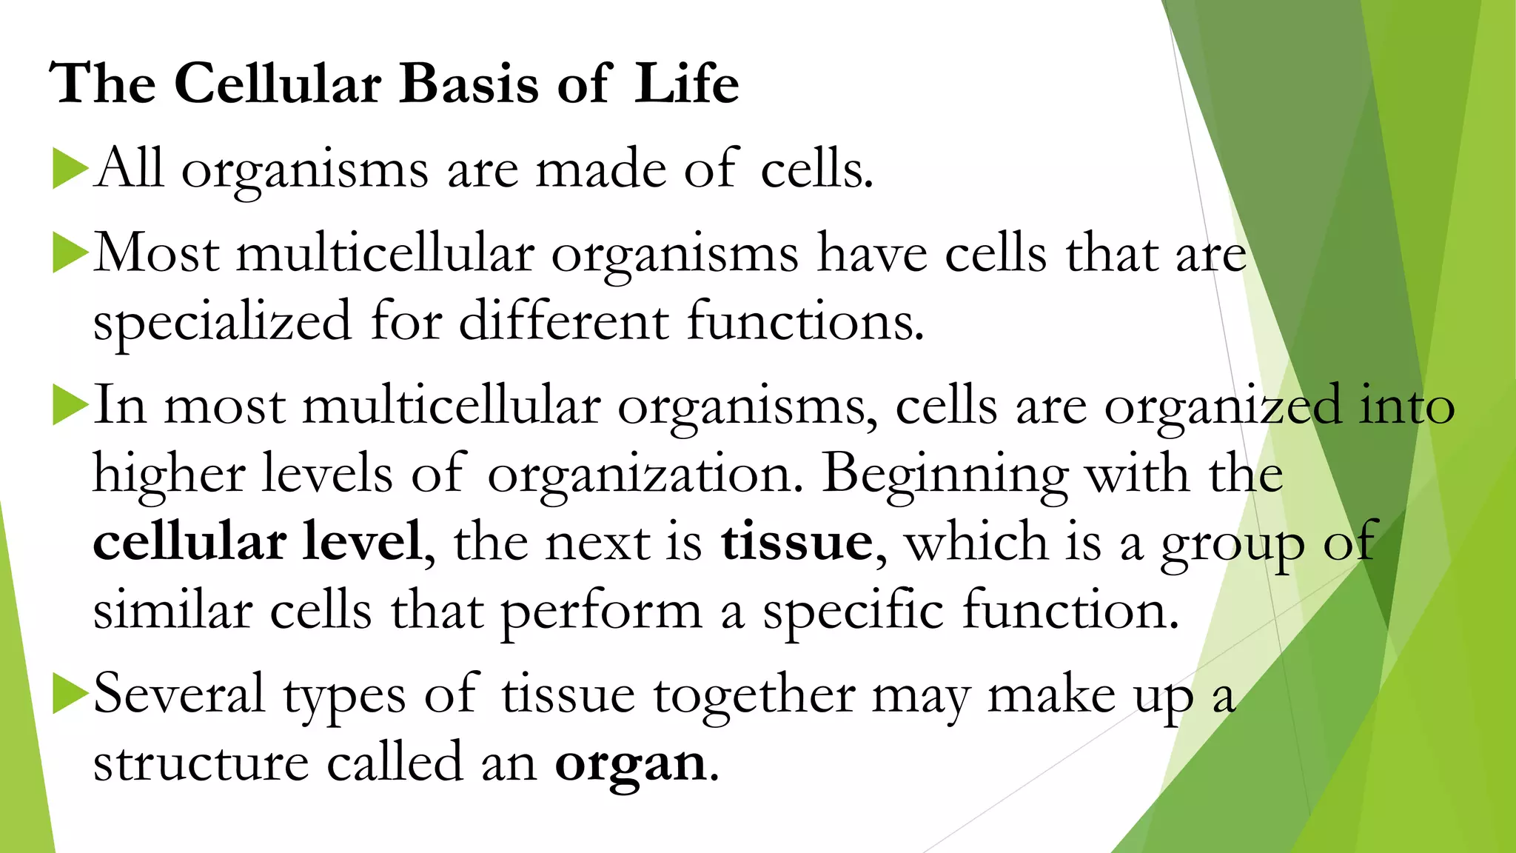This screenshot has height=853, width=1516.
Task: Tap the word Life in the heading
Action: pyautogui.click(x=686, y=83)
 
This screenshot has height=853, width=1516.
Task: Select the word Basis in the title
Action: pyautogui.click(x=469, y=83)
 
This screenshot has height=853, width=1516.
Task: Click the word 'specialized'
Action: pyautogui.click(x=222, y=322)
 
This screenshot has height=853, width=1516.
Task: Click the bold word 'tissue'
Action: pyautogui.click(x=796, y=542)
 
